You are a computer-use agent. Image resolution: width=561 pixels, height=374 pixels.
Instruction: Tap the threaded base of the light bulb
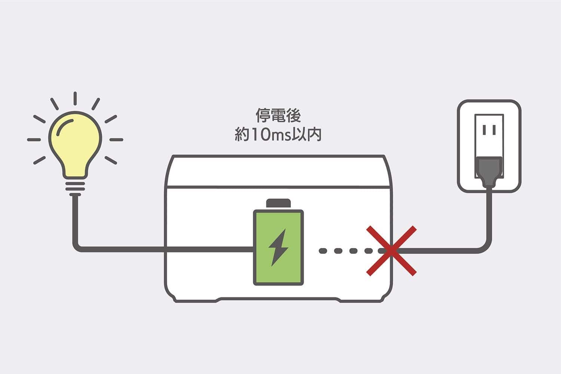point(75,187)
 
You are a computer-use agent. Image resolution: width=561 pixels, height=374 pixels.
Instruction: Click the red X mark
point(391,251)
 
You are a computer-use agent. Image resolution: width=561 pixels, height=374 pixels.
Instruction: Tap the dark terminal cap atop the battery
point(278,203)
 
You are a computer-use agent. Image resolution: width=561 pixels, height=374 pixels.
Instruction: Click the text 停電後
point(278,116)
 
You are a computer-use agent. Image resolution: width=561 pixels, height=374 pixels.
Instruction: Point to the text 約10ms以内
point(278,135)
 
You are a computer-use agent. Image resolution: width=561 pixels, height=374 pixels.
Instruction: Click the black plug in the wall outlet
point(488,170)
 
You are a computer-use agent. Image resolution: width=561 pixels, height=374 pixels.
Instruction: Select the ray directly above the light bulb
point(75,98)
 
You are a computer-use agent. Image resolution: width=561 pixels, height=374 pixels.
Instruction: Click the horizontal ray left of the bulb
point(34,140)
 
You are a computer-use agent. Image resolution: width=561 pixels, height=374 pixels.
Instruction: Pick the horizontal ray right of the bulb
point(116,140)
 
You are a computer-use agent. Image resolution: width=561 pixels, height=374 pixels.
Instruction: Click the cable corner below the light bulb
point(76,247)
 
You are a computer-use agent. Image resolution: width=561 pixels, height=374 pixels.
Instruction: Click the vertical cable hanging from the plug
point(489,217)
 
